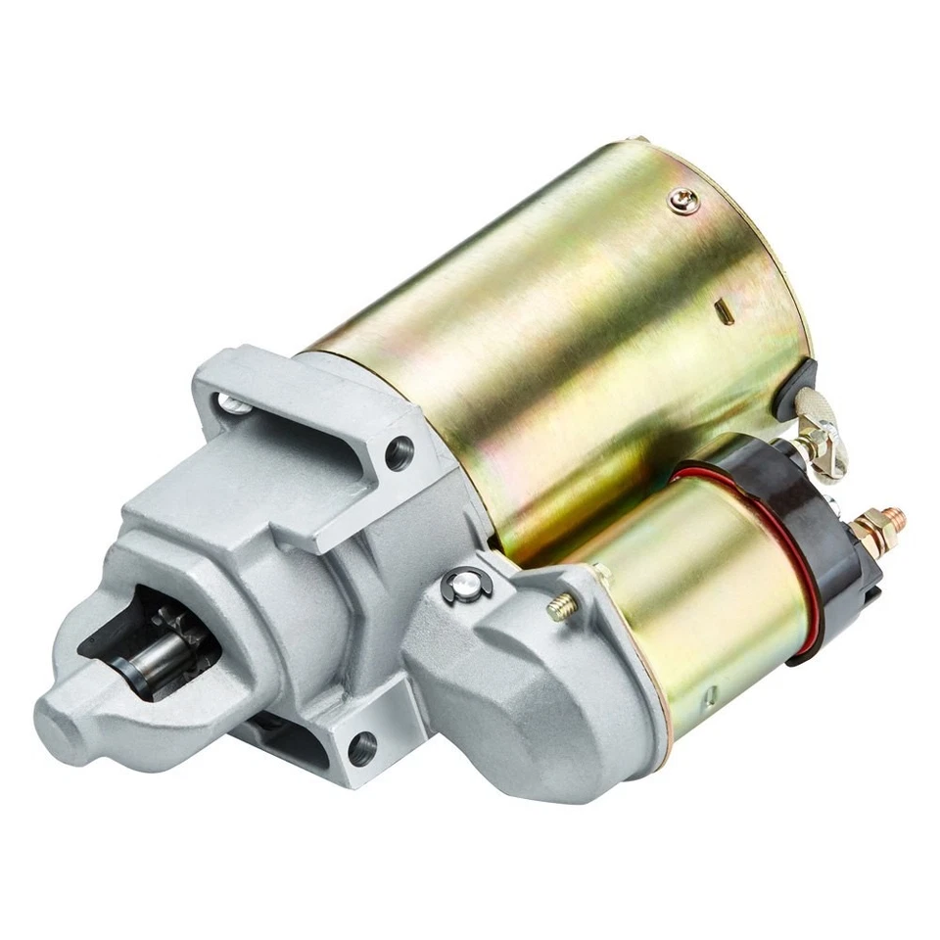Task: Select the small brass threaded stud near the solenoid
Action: point(561,608)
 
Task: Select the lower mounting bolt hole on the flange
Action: point(361,748)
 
